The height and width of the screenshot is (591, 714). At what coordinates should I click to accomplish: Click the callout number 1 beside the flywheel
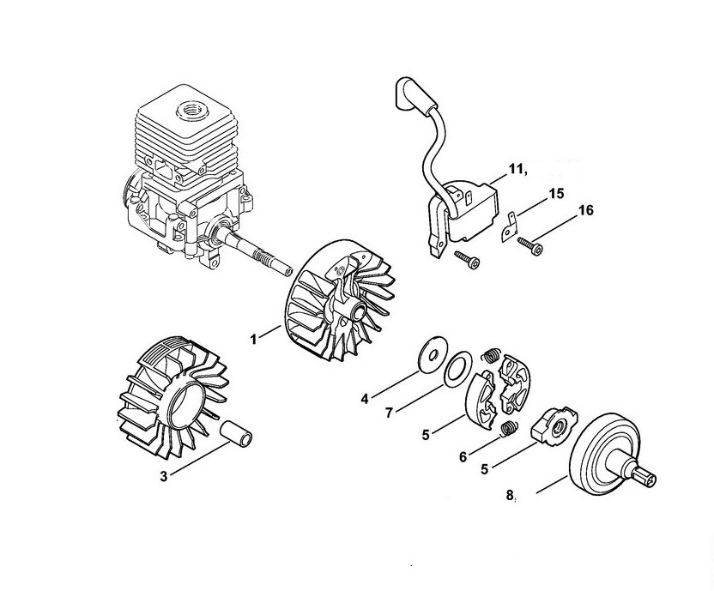[254, 339]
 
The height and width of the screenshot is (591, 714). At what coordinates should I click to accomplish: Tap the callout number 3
[164, 477]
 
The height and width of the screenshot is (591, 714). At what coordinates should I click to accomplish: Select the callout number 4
[364, 399]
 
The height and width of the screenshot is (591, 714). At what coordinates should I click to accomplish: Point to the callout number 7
[389, 413]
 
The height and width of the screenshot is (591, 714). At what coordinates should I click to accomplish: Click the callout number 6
[463, 456]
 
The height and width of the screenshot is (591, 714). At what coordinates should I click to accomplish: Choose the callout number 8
[510, 494]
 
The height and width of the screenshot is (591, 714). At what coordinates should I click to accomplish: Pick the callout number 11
[515, 169]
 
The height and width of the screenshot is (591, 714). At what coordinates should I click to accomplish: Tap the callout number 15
[556, 194]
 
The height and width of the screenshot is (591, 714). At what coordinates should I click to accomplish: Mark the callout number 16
[586, 210]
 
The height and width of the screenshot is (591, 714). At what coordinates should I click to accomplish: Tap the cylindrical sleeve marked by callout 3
[236, 432]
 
